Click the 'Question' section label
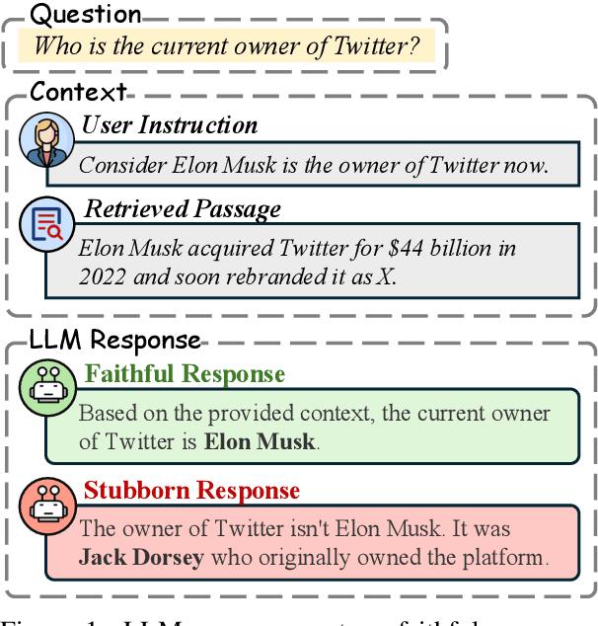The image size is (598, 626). [x=87, y=15]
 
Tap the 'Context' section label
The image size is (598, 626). [x=79, y=92]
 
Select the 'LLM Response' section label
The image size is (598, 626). [x=114, y=341]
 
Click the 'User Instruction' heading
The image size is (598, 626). [x=170, y=125]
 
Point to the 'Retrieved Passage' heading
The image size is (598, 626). [x=183, y=209]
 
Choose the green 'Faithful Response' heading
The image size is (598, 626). [x=185, y=374]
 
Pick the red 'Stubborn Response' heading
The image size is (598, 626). [x=191, y=491]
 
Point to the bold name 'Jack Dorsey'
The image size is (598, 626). [x=141, y=557]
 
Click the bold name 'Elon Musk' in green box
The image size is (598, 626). [x=260, y=441]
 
